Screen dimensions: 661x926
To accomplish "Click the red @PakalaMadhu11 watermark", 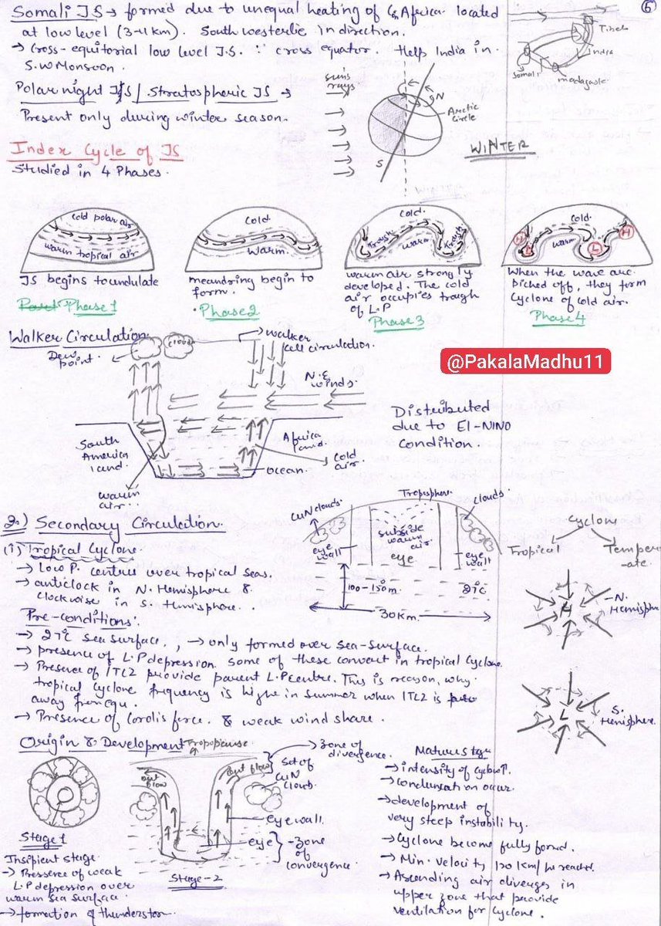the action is pos(526,360).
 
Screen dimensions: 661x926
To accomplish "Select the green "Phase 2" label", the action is pos(229,312).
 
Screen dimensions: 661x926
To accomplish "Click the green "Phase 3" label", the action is pos(397,324).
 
